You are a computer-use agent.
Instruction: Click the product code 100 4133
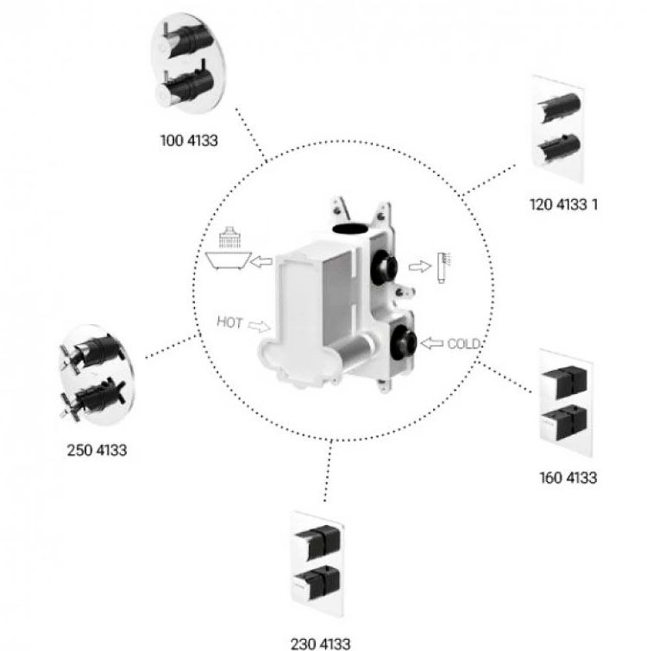click(x=189, y=141)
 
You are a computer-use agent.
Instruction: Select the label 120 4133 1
click(x=563, y=204)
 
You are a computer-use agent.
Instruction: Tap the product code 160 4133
click(x=568, y=478)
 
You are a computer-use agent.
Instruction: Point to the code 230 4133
click(x=320, y=643)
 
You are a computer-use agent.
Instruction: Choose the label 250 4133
click(x=97, y=450)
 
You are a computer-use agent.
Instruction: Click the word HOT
click(x=229, y=322)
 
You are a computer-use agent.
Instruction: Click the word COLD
click(x=463, y=344)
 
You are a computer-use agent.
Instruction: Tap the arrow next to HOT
click(x=259, y=326)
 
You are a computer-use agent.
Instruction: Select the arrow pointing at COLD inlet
click(x=432, y=343)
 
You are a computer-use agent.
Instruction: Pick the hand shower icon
click(x=444, y=267)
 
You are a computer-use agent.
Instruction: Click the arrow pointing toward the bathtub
click(x=262, y=261)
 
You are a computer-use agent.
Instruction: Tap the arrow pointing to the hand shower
click(x=420, y=266)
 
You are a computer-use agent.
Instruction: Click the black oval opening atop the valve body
click(x=351, y=228)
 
